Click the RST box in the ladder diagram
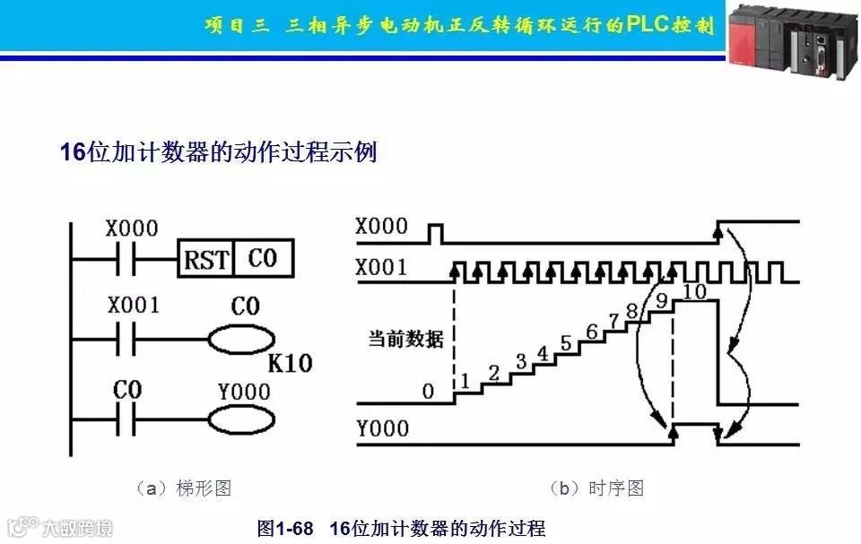pos(206,260)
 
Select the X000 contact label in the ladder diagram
pos(131,229)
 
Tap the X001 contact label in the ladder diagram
pos(132,306)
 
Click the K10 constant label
pos(290,365)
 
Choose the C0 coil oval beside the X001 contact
pos(241,341)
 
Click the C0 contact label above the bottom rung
pos(127,390)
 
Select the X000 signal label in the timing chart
pos(380,227)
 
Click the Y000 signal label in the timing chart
pos(382,429)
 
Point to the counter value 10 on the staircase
pos(694,290)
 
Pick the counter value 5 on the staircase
pos(565,341)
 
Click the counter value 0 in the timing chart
pos(428,392)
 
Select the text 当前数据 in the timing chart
pos(406,340)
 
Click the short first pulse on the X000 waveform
pos(436,234)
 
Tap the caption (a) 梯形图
pos(183,488)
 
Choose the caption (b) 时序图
pos(596,488)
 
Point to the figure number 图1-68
pos(285,529)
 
